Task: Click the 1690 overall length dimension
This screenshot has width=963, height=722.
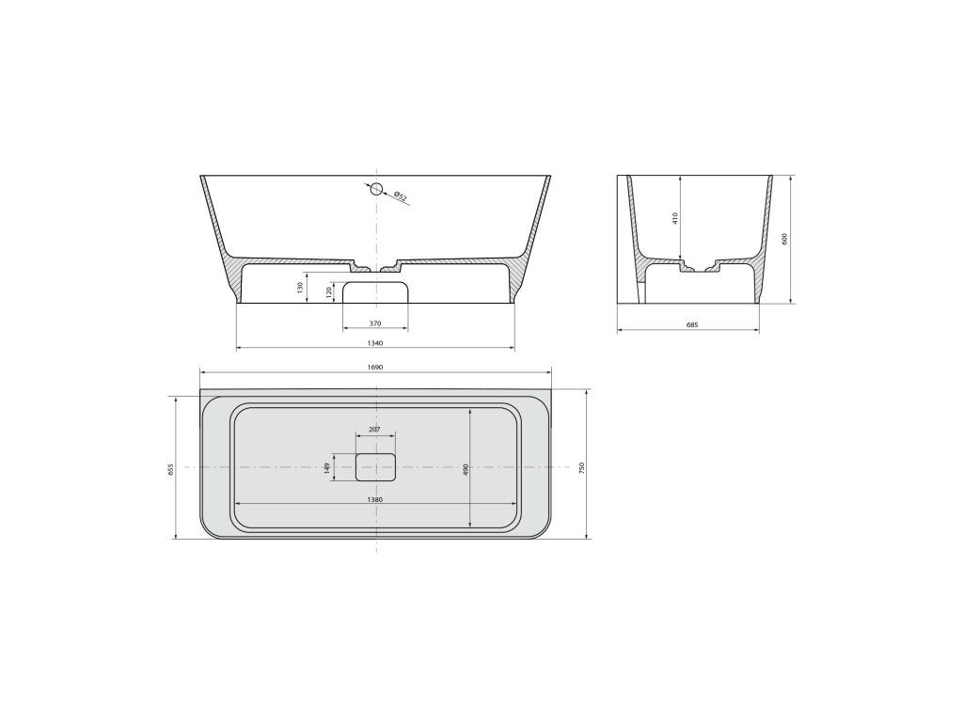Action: click(375, 368)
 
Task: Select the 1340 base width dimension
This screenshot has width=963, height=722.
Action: click(375, 343)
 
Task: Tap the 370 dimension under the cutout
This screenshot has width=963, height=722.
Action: click(375, 323)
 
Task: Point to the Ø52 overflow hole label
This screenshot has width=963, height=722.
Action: click(400, 196)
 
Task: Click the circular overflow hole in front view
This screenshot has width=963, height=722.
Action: click(376, 188)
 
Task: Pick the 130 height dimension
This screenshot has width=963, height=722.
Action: click(300, 287)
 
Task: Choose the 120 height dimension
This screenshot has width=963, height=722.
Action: click(329, 291)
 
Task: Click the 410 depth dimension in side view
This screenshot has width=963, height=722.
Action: click(675, 218)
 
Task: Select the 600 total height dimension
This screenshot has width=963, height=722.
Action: click(784, 239)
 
